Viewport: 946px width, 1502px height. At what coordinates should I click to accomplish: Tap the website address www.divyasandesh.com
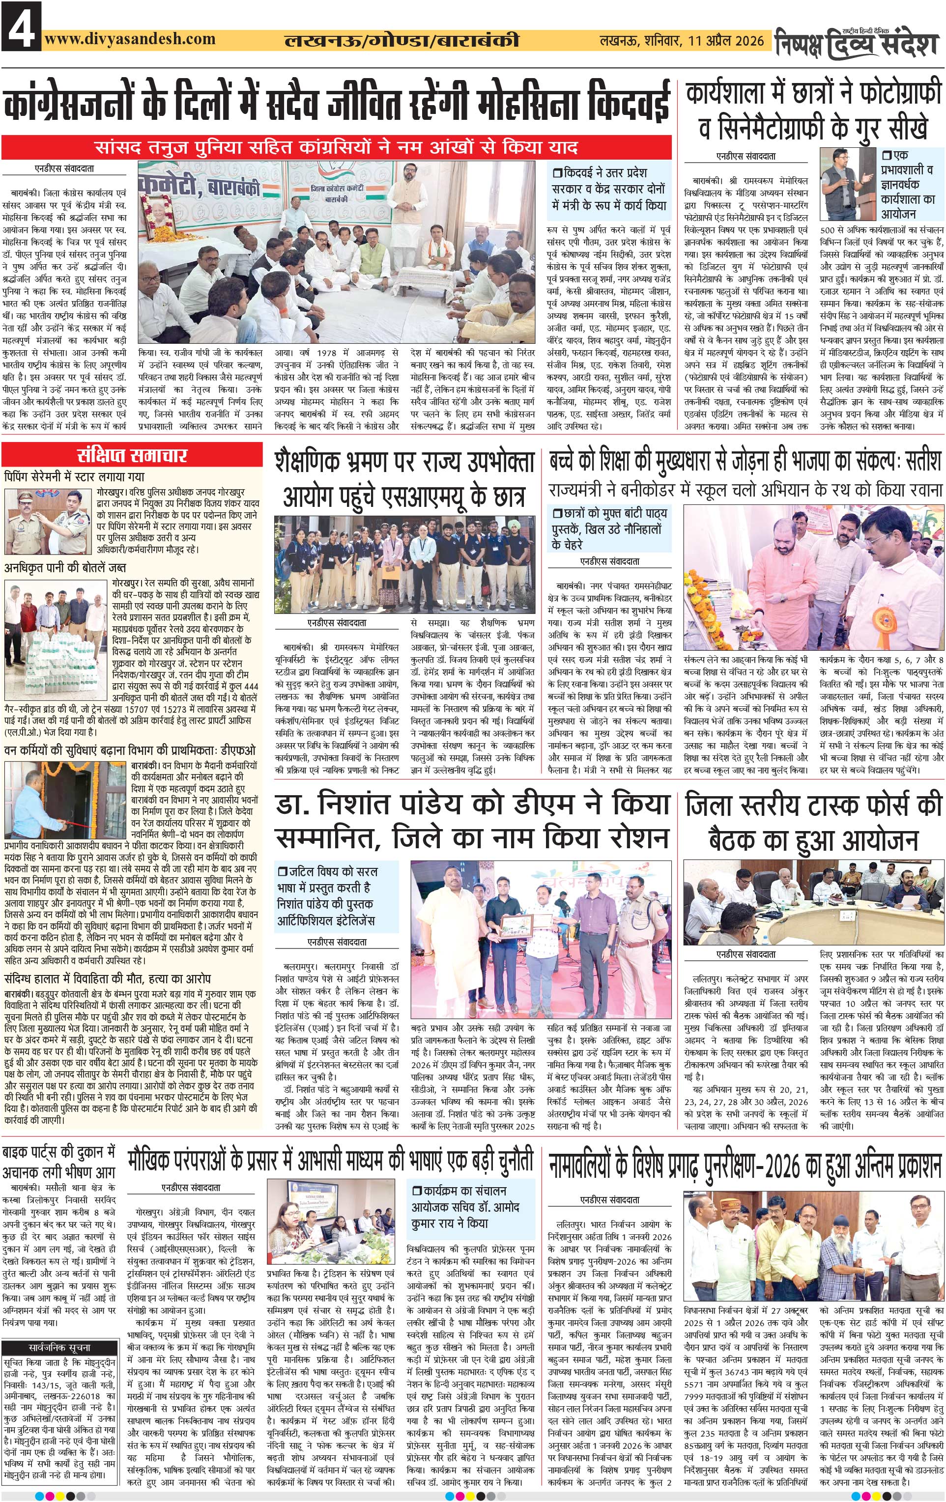[130, 39]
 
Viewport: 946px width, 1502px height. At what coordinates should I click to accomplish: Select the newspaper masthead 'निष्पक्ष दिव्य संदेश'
[858, 42]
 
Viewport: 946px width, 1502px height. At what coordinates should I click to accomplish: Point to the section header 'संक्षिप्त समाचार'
[132, 455]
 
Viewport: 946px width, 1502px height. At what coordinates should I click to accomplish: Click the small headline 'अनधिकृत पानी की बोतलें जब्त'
[65, 568]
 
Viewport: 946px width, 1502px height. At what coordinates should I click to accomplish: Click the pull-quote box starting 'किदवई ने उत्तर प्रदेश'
[609, 189]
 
